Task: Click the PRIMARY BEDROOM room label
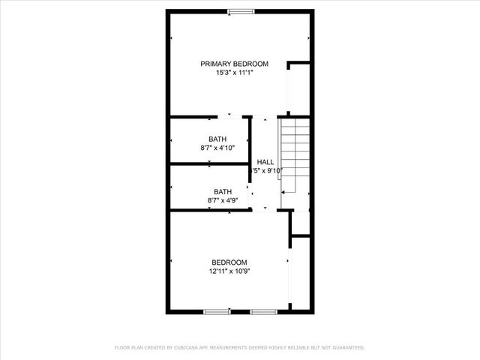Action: click(x=234, y=64)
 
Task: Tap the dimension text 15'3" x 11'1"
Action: click(x=234, y=73)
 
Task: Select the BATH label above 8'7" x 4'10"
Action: click(x=217, y=139)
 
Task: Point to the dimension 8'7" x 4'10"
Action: click(x=217, y=148)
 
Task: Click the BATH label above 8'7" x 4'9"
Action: click(x=223, y=191)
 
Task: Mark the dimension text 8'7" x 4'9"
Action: click(x=223, y=200)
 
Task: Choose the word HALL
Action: click(x=265, y=162)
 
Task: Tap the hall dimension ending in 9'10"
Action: click(x=267, y=171)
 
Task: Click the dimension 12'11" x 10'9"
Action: click(x=229, y=271)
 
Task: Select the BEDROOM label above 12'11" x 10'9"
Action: click(x=229, y=262)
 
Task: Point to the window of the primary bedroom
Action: click(x=240, y=10)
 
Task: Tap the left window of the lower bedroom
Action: click(x=217, y=311)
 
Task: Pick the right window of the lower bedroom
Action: click(x=262, y=311)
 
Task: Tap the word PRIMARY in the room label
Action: click(x=214, y=64)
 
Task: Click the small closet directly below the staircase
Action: click(x=300, y=223)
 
